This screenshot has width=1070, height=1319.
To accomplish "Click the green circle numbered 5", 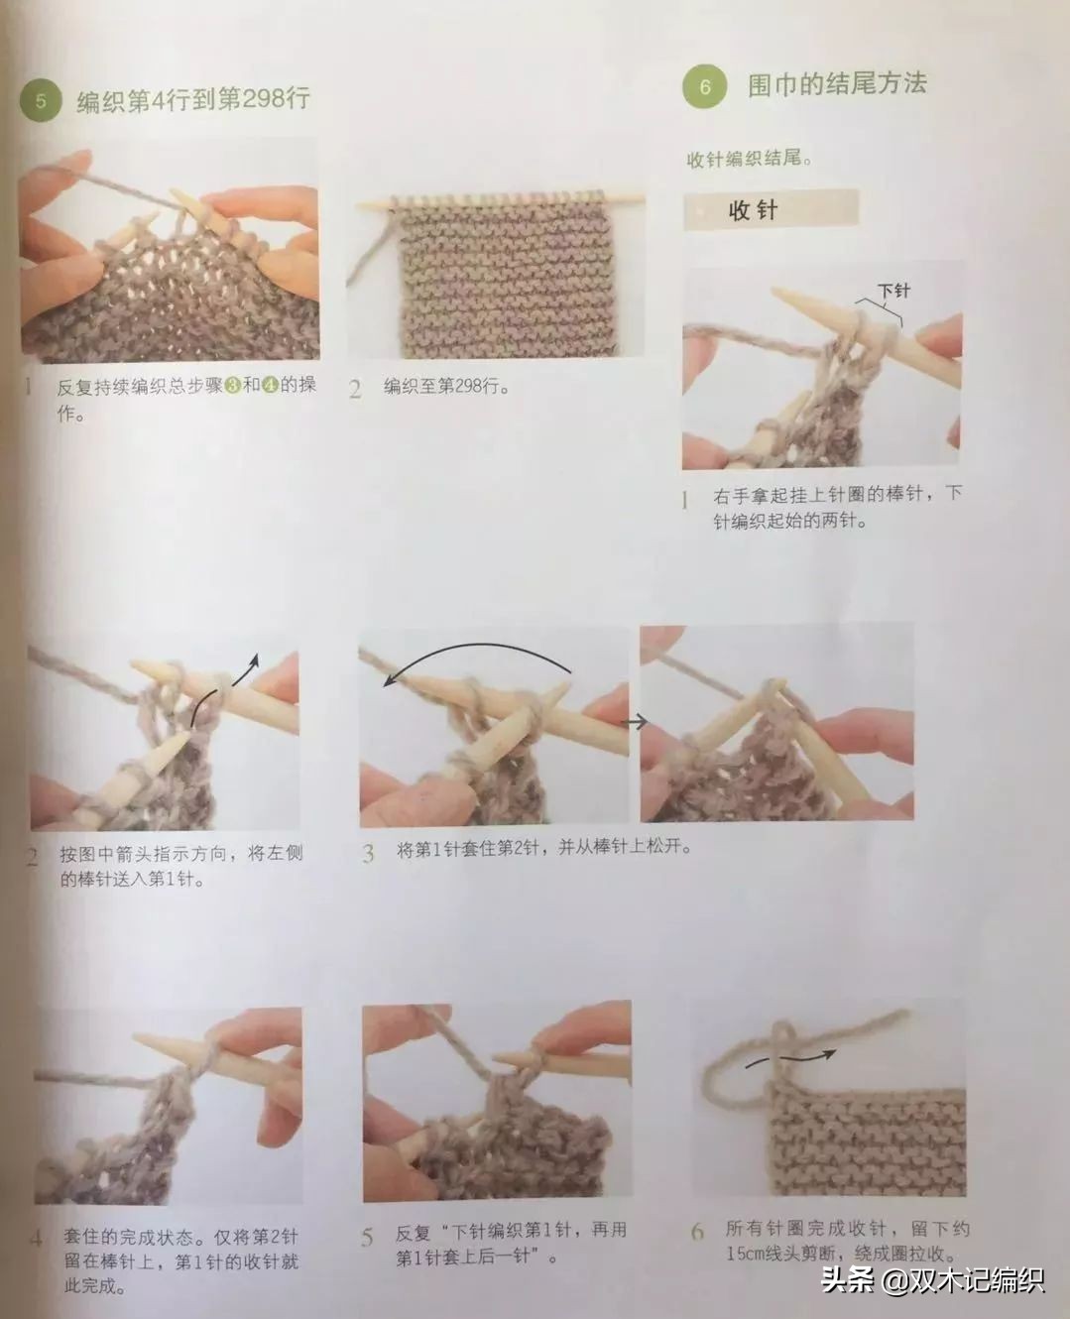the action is click(41, 101).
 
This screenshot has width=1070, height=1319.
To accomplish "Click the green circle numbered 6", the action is click(704, 86).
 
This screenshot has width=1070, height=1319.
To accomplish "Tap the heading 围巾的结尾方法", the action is click(837, 84).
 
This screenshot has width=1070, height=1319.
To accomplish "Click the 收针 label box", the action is click(771, 210).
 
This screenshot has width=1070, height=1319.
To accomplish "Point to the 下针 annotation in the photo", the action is click(894, 291).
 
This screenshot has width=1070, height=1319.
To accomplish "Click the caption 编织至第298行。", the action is click(447, 387).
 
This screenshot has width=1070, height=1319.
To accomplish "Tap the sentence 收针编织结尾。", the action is click(750, 159).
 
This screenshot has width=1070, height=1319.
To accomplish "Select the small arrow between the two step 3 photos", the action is click(634, 721).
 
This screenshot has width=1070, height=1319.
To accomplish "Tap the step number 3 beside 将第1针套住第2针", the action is click(368, 853).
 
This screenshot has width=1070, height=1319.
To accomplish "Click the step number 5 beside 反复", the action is click(367, 1238).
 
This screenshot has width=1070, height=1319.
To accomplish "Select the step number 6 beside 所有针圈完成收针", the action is click(698, 1232).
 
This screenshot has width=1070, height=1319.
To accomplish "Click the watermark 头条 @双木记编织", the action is click(933, 1279).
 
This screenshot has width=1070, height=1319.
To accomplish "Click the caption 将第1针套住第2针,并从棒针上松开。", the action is click(544, 848).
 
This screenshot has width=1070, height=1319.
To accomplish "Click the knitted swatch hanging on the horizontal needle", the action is click(508, 280).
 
